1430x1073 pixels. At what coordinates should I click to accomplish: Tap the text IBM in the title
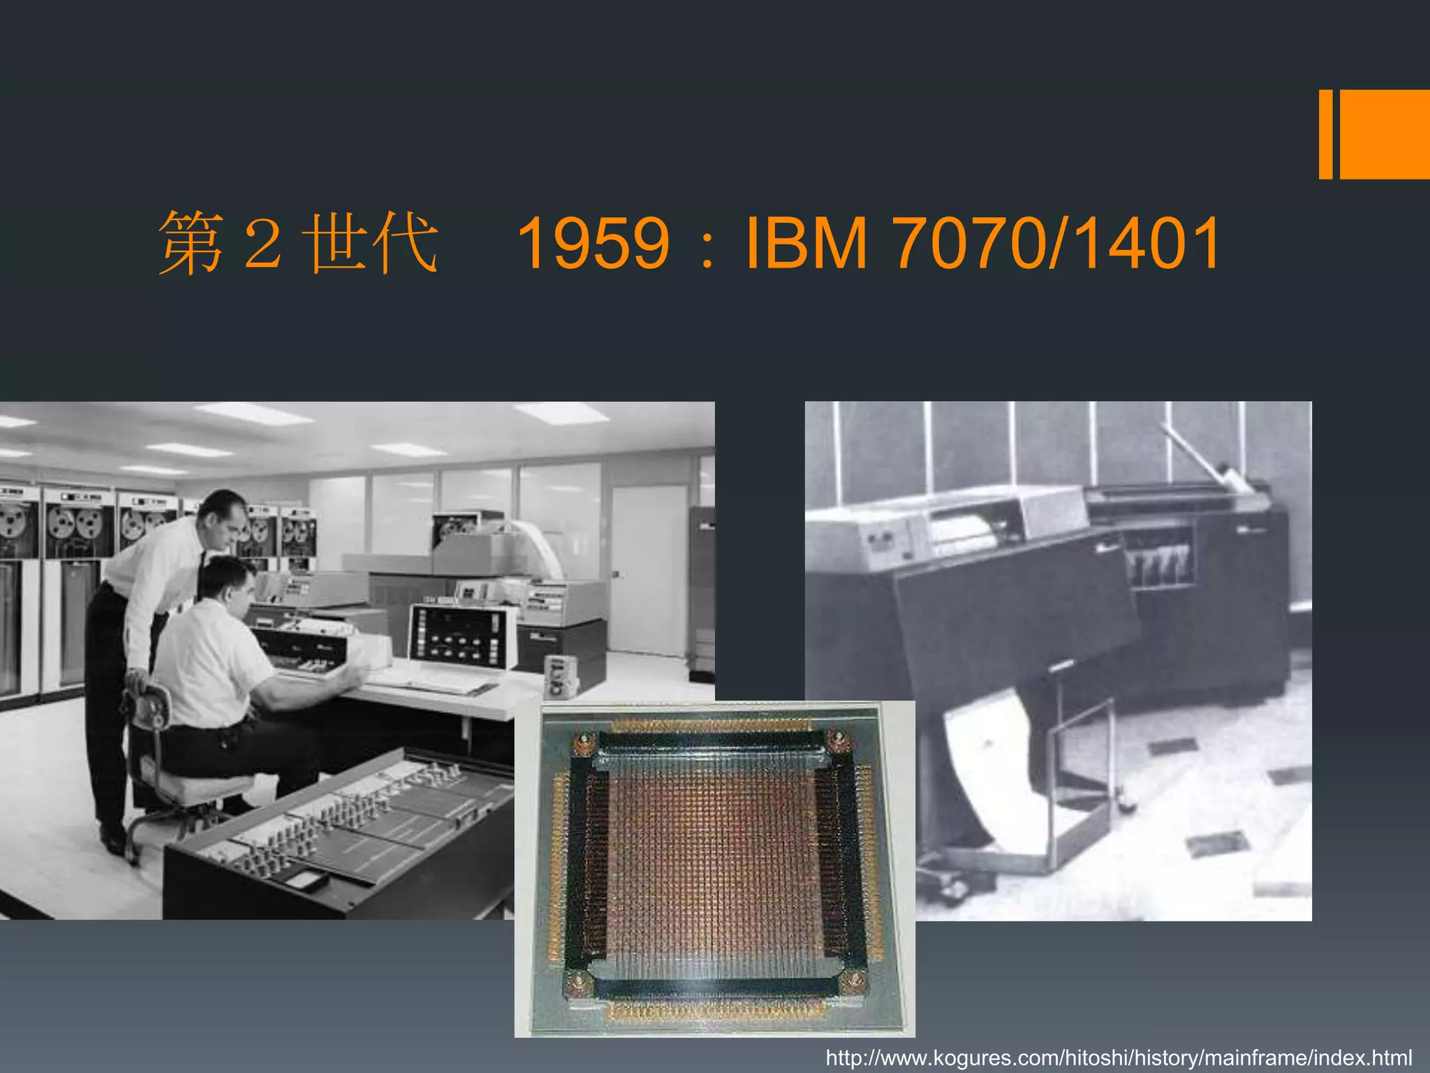click(806, 243)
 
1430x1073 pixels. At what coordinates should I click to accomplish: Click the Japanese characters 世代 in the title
click(374, 243)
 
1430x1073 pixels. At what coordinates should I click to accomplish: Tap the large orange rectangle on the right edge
click(1385, 134)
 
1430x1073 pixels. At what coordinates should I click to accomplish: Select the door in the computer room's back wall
click(647, 570)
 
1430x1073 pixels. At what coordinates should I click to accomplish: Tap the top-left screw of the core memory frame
click(585, 742)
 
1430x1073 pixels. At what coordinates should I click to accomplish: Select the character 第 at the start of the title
click(190, 243)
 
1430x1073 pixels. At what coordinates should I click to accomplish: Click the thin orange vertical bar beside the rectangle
click(1325, 134)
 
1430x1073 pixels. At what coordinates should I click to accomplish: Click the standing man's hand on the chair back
click(138, 679)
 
